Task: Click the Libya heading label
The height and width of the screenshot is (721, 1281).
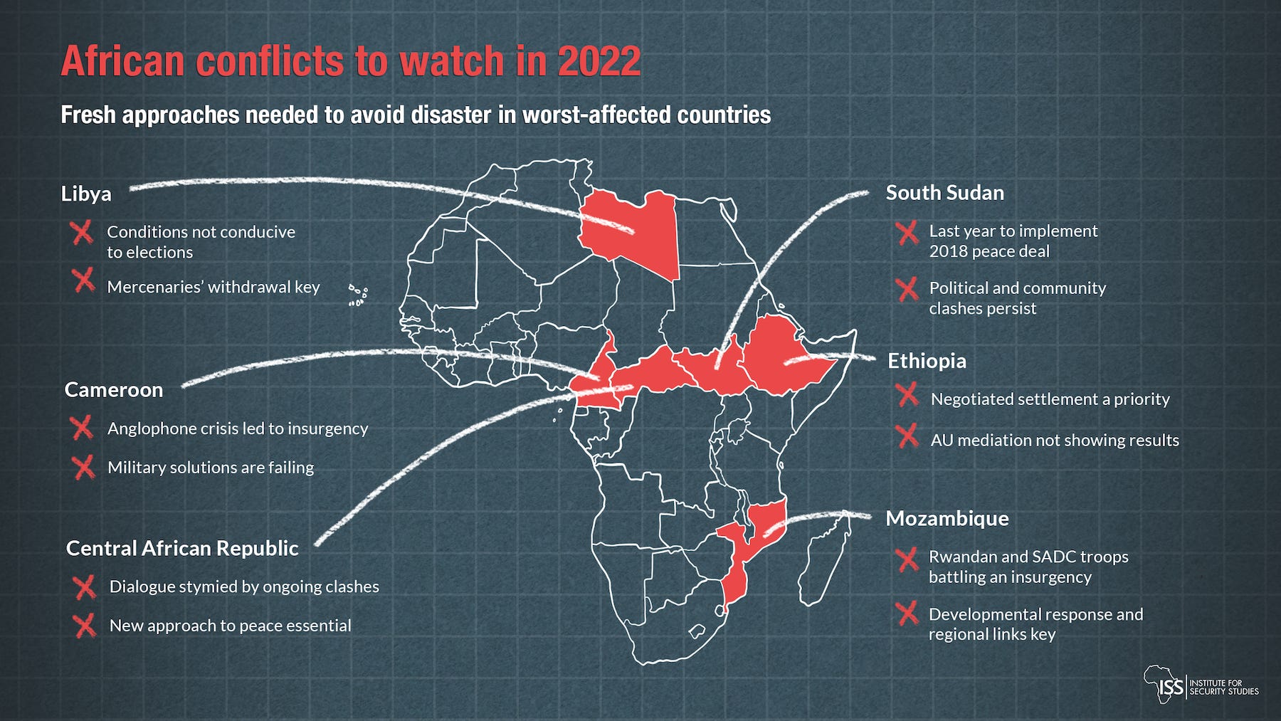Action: (x=86, y=194)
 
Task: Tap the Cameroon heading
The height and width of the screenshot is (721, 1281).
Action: (x=114, y=390)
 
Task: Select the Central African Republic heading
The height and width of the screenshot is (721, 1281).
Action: (x=182, y=548)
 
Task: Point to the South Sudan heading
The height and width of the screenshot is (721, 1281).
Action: (x=944, y=193)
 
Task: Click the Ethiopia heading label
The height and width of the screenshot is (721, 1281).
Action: (x=927, y=361)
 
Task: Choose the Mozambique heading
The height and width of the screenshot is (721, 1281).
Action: (x=947, y=518)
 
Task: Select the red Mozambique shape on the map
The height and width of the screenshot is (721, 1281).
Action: (x=740, y=562)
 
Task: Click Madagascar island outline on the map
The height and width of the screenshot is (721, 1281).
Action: (x=826, y=562)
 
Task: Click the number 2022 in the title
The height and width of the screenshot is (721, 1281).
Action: (x=599, y=61)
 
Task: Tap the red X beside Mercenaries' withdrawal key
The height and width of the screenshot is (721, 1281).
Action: (x=83, y=280)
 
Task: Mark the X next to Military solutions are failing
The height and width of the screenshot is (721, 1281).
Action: (x=83, y=468)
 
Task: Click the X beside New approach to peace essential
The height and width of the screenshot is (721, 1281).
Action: (x=85, y=626)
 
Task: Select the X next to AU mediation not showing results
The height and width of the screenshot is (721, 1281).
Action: (x=907, y=436)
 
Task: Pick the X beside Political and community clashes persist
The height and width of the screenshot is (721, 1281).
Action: (x=907, y=290)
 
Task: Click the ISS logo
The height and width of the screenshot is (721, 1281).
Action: (x=1201, y=685)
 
